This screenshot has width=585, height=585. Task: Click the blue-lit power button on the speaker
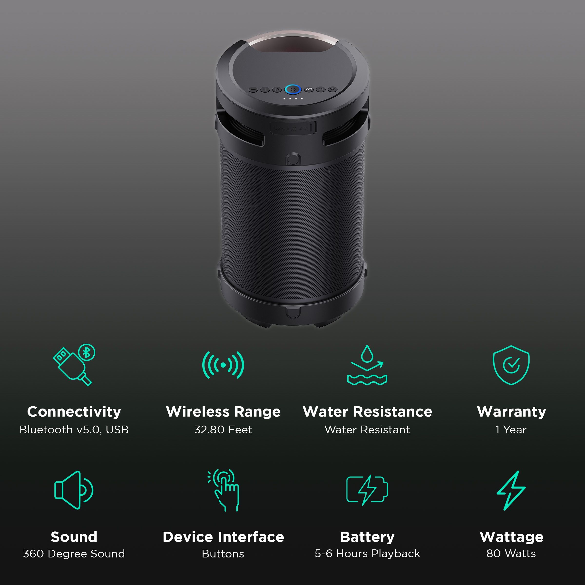[x=292, y=89]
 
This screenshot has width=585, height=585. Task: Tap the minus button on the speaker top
[x=253, y=90]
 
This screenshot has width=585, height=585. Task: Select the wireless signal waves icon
[x=223, y=365]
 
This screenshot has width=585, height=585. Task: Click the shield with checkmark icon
[x=511, y=365]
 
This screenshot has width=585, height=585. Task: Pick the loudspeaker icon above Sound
[x=74, y=490]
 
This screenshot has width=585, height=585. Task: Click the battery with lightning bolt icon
[x=367, y=490]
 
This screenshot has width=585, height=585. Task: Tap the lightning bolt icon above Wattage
[x=511, y=490]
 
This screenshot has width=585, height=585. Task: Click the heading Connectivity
[x=74, y=412]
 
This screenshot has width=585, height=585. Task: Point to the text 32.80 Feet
[x=223, y=430]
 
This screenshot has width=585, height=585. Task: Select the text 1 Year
[x=511, y=430]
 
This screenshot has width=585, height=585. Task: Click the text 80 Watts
[x=511, y=554]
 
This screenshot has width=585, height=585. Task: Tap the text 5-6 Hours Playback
[x=367, y=554]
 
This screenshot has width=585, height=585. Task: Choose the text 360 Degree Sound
[x=74, y=554]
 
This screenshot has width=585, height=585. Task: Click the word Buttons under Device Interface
[x=223, y=554]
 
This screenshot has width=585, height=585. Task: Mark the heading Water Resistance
[x=367, y=412]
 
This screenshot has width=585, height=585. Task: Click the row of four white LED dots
[x=292, y=99]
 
